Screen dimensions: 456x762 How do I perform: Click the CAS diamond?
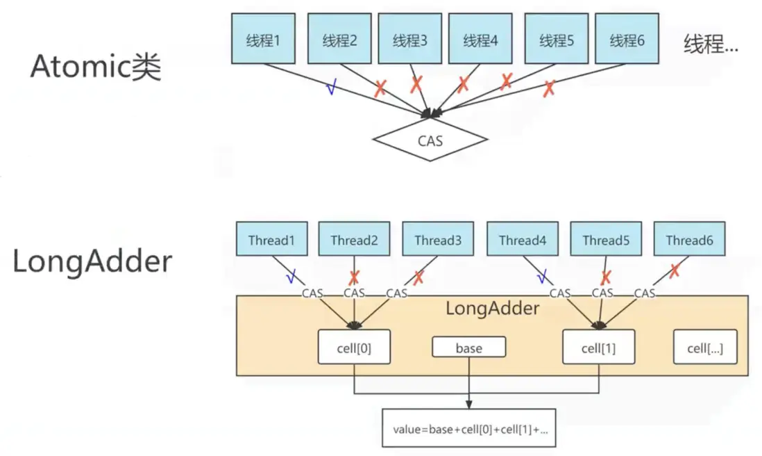pos(430,140)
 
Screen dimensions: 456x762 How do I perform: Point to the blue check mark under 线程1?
pos(332,88)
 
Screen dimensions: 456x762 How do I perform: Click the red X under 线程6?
pos(549,88)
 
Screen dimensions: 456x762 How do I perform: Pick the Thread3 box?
pos(438,241)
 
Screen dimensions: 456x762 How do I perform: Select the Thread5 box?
pos(606,241)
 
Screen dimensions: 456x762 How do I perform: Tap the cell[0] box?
pos(354,348)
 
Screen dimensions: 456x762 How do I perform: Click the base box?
pos(468,348)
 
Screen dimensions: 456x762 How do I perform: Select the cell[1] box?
pos(598,348)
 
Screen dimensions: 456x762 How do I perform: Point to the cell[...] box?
pos(705,348)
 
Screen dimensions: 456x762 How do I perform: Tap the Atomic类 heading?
pos(96,67)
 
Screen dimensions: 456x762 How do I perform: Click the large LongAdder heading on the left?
pos(92,261)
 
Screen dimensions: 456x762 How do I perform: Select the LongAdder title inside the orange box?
pos(491,308)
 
